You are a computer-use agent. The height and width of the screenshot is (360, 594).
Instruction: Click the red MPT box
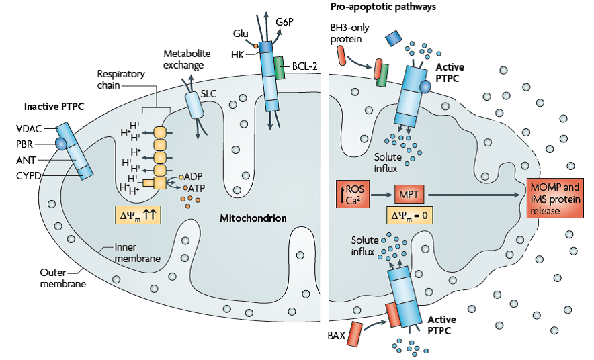click(x=411, y=194)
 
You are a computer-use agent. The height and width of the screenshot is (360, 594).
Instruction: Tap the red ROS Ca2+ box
click(x=353, y=193)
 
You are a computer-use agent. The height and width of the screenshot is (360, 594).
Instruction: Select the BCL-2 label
click(x=304, y=66)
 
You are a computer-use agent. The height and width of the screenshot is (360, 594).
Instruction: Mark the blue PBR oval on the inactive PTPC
click(x=60, y=143)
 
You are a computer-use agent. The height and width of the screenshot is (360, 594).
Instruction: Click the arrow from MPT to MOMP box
click(x=477, y=194)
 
